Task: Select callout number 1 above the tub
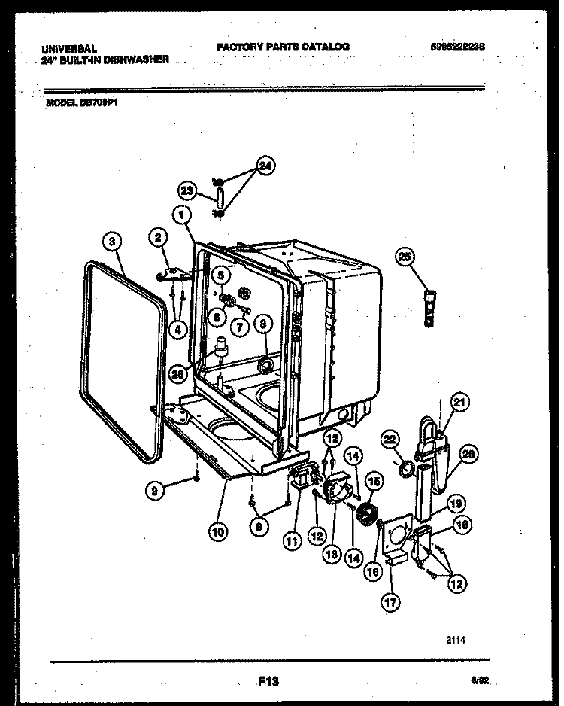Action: [x=180, y=215]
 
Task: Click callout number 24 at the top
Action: [x=264, y=165]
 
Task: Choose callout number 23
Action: [x=188, y=191]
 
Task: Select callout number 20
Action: [x=468, y=454]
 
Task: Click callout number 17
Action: [x=391, y=601]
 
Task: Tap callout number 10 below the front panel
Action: [x=218, y=531]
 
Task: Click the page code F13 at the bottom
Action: [x=268, y=682]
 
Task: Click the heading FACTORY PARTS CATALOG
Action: [x=283, y=47]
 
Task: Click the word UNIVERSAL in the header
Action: [x=69, y=49]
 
